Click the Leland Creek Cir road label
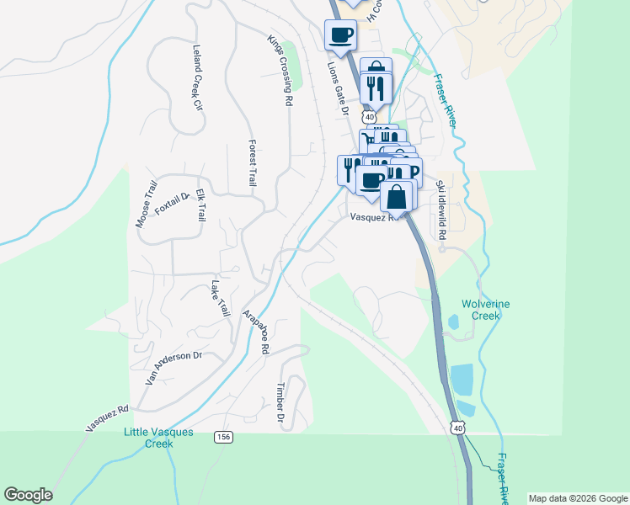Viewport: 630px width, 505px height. click(x=198, y=78)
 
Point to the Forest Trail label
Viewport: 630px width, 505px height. click(x=251, y=162)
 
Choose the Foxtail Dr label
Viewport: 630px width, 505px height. click(x=173, y=201)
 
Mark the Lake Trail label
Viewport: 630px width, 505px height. click(x=221, y=298)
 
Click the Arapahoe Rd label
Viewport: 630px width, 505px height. click(x=255, y=331)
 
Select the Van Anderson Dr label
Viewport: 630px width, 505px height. click(x=174, y=368)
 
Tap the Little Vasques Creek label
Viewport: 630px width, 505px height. click(x=158, y=438)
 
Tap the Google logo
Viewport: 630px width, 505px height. click(x=28, y=495)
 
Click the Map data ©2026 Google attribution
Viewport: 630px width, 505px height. click(x=578, y=498)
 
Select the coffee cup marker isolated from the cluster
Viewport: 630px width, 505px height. click(x=340, y=35)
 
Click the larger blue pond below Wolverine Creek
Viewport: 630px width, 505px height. click(x=462, y=380)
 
